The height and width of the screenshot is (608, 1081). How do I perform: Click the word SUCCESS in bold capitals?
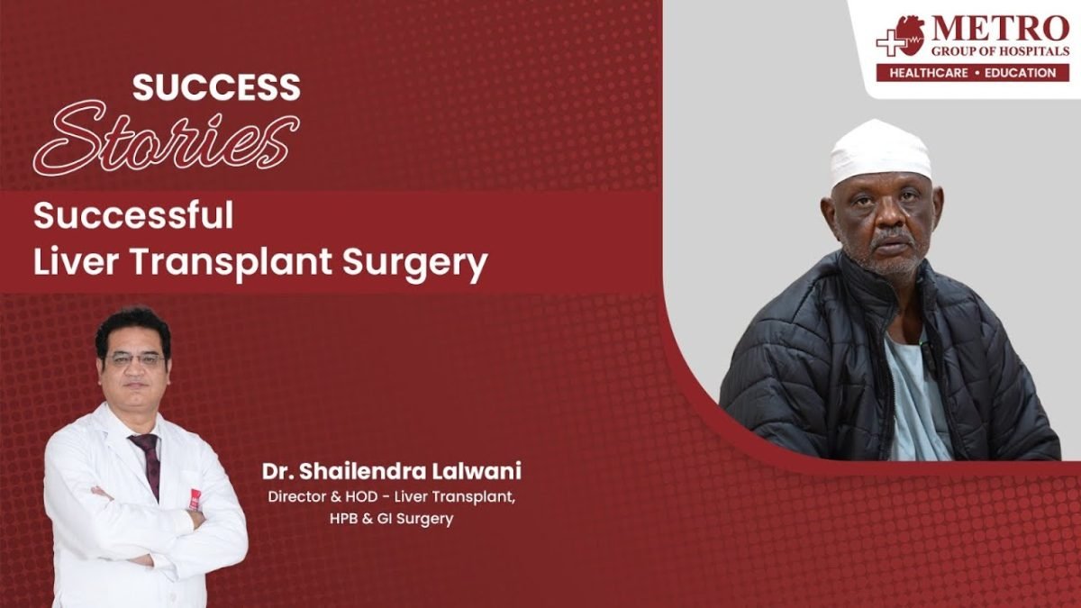pyautogui.click(x=216, y=87)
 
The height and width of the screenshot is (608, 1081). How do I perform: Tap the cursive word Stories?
pyautogui.click(x=167, y=138)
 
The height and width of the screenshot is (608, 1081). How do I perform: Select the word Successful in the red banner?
pyautogui.click(x=133, y=215)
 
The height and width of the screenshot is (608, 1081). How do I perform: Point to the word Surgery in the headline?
pyautogui.click(x=415, y=265)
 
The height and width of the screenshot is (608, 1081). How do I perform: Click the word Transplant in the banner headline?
pyautogui.click(x=231, y=263)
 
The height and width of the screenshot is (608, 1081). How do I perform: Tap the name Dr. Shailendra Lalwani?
pyautogui.click(x=391, y=471)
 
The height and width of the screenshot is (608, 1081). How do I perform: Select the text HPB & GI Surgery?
pyautogui.click(x=391, y=519)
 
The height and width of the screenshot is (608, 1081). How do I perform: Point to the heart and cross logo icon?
pyautogui.click(x=901, y=36)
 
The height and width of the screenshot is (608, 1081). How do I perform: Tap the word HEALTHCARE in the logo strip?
pyautogui.click(x=929, y=73)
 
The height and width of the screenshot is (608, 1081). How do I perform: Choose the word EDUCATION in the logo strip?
pyautogui.click(x=1020, y=73)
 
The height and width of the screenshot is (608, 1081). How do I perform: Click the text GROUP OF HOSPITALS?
pyautogui.click(x=1000, y=50)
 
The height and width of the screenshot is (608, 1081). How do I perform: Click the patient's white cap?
pyautogui.click(x=880, y=151)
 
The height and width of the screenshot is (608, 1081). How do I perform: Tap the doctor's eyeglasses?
pyautogui.click(x=135, y=359)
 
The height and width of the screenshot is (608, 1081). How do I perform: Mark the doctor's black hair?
pyautogui.click(x=133, y=329)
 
